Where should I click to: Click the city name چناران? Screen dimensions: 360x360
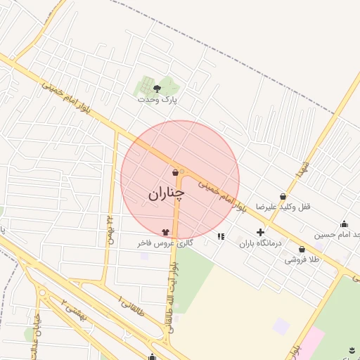(x=166, y=193)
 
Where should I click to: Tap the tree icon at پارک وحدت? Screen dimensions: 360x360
(x=156, y=89)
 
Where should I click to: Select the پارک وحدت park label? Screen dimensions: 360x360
(x=160, y=100)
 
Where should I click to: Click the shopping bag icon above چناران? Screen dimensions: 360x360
(x=174, y=172)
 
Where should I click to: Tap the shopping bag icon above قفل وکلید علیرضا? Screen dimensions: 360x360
(x=283, y=196)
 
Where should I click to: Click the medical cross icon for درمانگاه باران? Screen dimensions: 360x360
(x=260, y=232)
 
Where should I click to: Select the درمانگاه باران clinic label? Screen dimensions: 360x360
(x=259, y=243)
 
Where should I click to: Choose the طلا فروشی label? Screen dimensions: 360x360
(x=302, y=259)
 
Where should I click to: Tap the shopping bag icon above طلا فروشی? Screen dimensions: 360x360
(x=302, y=249)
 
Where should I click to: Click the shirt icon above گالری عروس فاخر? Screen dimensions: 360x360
(x=165, y=231)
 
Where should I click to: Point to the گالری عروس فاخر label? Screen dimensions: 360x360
(x=165, y=243)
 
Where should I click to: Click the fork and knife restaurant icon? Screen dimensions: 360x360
(x=221, y=236)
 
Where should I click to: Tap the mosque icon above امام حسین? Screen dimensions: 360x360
(x=344, y=224)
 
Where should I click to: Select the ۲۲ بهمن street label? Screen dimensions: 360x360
(x=110, y=229)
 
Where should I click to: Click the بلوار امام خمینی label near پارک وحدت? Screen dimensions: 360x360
(x=66, y=96)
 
